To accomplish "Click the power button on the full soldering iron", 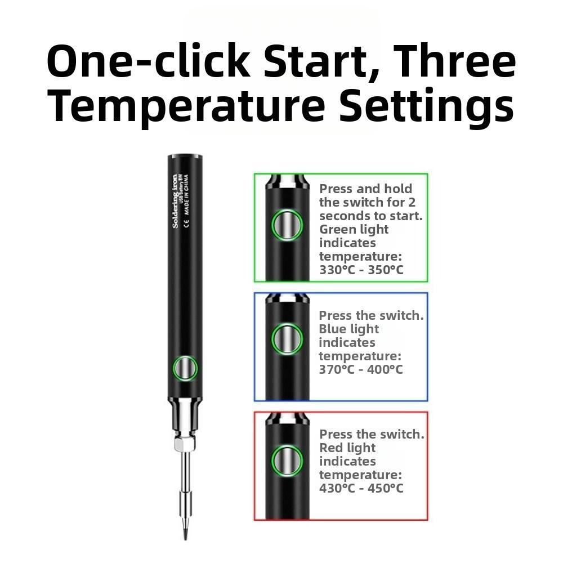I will coord(185,369).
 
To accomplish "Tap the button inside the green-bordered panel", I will coord(287,225).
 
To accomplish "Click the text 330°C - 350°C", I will coord(361,270).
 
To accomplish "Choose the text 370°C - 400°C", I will coord(361,369).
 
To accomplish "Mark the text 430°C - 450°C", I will coord(361,488).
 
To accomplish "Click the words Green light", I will coord(354,229).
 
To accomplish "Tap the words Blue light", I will coord(348,329).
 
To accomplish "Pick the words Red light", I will coord(347,448).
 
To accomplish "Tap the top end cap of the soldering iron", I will coord(185,158).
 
